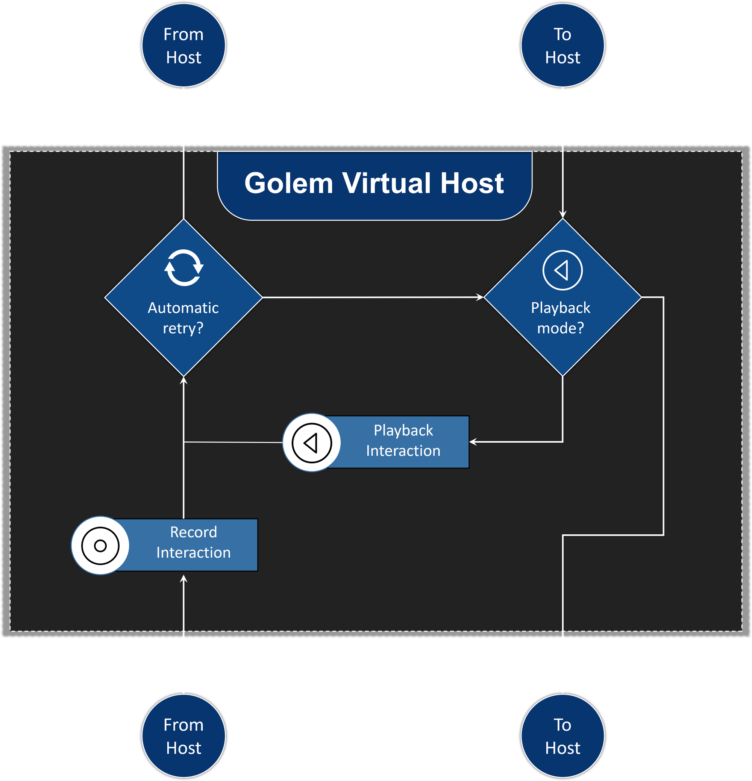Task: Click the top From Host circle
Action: [183, 46]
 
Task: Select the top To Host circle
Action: [562, 46]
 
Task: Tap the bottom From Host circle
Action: [183, 736]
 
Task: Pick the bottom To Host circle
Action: [562, 736]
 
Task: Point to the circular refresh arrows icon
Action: [184, 268]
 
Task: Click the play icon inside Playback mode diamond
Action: [562, 270]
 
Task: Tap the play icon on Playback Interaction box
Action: [312, 443]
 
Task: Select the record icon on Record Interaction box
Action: [100, 546]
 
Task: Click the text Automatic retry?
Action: [183, 318]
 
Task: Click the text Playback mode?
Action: [560, 318]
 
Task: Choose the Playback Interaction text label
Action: [403, 440]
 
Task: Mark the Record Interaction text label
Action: [193, 542]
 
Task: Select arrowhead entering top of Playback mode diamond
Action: [562, 215]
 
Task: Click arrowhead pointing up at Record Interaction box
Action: [183, 579]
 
